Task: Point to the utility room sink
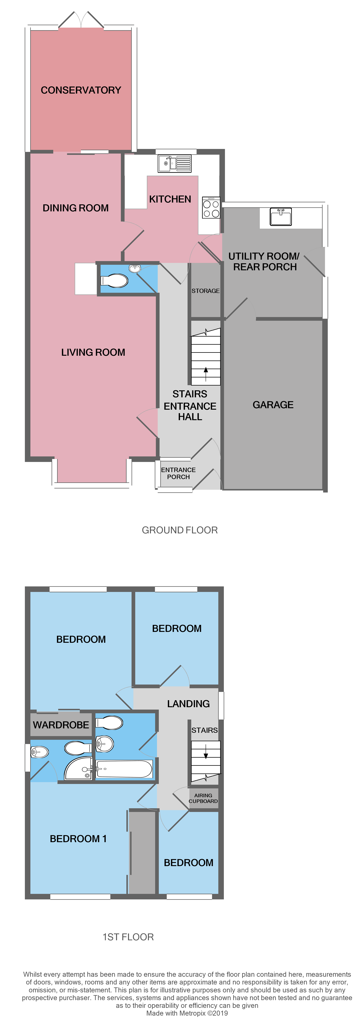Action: click(281, 217)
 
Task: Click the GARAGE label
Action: click(273, 405)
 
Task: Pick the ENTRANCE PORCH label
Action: click(178, 473)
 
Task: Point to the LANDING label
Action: click(188, 704)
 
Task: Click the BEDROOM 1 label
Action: click(78, 839)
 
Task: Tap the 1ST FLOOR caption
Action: click(128, 937)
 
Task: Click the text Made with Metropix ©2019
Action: click(187, 1013)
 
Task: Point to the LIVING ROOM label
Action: click(93, 352)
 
